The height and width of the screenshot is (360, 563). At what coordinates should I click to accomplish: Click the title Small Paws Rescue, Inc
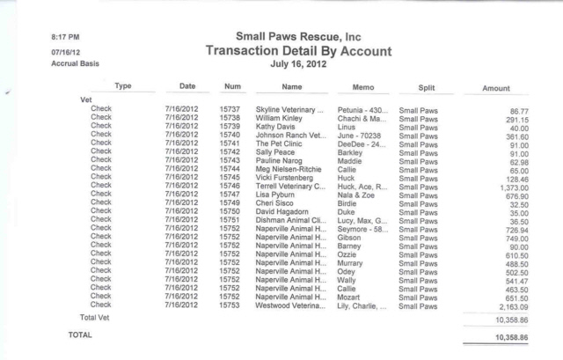298,37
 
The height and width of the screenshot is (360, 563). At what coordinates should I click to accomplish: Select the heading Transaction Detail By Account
298,52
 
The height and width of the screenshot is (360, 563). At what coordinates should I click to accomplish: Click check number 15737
230,109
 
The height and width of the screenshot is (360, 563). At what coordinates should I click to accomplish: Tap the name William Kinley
281,117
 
